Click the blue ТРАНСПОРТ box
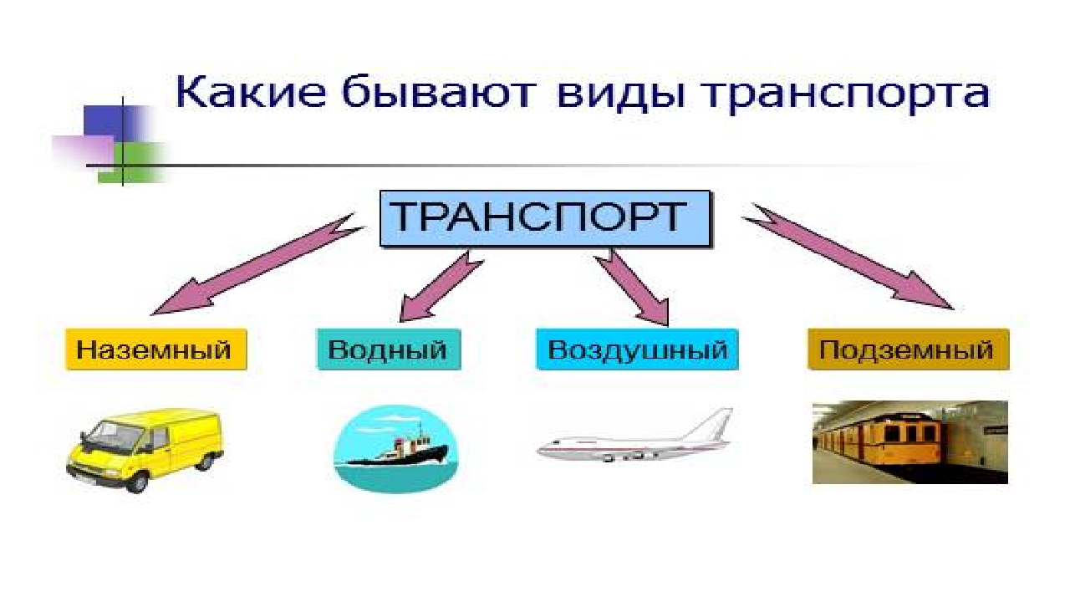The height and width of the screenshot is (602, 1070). pos(544,219)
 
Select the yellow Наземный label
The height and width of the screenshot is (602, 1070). pos(156,349)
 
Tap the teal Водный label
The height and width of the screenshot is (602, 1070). pos(388,349)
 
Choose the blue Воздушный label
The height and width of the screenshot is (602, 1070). pos(637,349)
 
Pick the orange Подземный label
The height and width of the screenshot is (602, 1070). pos(908,349)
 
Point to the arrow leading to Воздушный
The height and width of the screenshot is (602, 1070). pos(635,289)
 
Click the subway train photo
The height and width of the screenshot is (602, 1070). pos(909,441)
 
